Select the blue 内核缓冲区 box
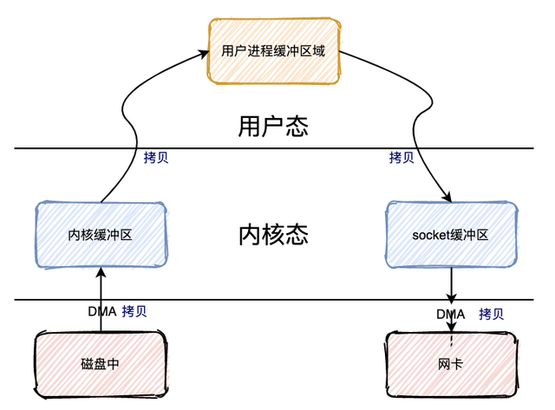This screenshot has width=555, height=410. click(100, 234)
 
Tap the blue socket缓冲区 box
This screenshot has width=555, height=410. click(451, 234)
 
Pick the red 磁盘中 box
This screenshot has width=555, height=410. click(100, 364)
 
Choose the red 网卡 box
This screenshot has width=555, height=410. click(451, 364)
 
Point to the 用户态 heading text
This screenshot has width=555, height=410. click(273, 127)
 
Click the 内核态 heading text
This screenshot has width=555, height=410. click(273, 236)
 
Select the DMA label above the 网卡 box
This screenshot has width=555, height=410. click(450, 314)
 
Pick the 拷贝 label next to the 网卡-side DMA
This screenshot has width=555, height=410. click(491, 314)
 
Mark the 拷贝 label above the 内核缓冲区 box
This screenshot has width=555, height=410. click(155, 158)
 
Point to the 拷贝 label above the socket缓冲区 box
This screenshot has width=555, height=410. click(401, 158)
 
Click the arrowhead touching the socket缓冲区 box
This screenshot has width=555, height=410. click(446, 198)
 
